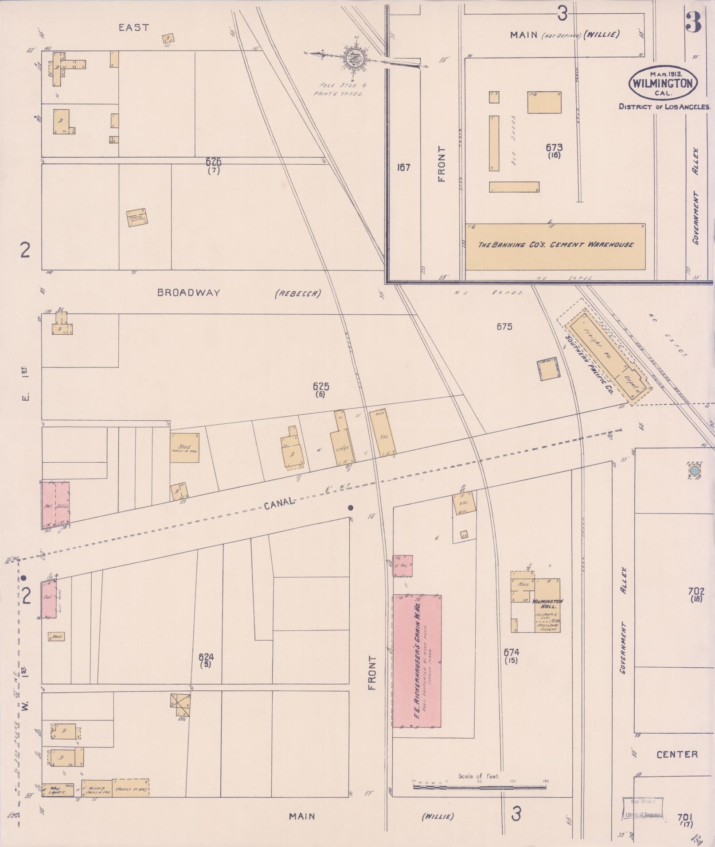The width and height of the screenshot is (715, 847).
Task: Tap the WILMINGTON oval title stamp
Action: pyautogui.click(x=663, y=83)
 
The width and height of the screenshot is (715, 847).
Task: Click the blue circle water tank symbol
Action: pyautogui.click(x=695, y=470)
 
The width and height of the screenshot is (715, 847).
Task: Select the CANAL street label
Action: pyautogui.click(x=279, y=503)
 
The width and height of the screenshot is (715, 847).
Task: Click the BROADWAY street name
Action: pyautogui.click(x=189, y=293)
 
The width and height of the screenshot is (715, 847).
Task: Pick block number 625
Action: pyautogui.click(x=320, y=387)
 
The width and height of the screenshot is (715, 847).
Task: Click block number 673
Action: pyautogui.click(x=554, y=147)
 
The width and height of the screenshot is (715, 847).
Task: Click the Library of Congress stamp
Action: pyautogui.click(x=643, y=809)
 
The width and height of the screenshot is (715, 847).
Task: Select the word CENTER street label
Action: pyautogui.click(x=677, y=754)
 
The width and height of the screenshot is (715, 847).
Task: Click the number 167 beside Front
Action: pyautogui.click(x=403, y=167)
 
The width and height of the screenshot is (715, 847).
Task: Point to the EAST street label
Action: pyautogui.click(x=133, y=27)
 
